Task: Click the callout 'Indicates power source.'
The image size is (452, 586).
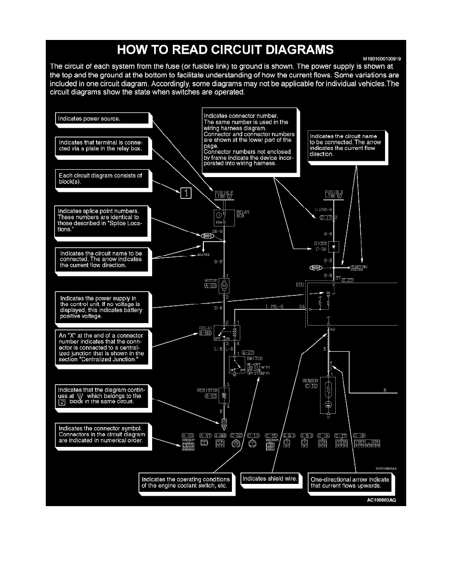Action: tap(101, 119)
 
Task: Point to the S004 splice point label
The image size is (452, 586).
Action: tap(315, 268)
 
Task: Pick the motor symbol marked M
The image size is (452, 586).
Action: tap(225, 285)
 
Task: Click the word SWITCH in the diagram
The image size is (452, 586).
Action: tap(255, 358)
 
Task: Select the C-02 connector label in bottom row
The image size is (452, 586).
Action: tap(235, 436)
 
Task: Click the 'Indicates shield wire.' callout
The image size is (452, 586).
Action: tap(269, 478)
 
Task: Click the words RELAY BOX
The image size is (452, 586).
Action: tap(243, 214)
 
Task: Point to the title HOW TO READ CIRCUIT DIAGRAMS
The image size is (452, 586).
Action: tap(226, 49)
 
